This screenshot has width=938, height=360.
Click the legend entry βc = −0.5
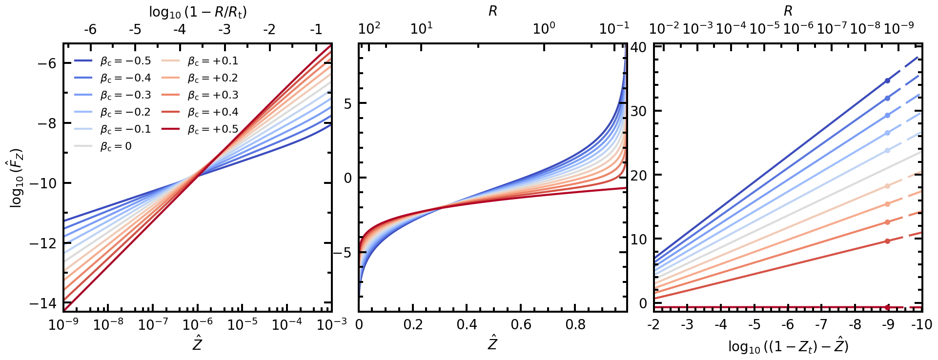pyautogui.click(x=112, y=61)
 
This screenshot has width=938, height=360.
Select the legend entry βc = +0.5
pyautogui.click(x=200, y=129)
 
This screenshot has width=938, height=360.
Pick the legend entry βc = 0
pyautogui.click(x=103, y=146)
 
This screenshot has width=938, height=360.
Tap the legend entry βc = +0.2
pyautogui.click(x=200, y=78)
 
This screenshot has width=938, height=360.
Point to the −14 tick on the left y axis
pyautogui.click(x=43, y=303)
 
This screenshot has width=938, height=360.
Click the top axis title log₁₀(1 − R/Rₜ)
pyautogui.click(x=198, y=12)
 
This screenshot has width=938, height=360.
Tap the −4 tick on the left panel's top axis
pyautogui.click(x=180, y=30)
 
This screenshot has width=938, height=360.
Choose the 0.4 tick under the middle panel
pyautogui.click(x=467, y=325)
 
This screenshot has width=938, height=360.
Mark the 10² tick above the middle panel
pyautogui.click(x=369, y=28)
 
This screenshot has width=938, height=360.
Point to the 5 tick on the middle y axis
pyautogui.click(x=348, y=103)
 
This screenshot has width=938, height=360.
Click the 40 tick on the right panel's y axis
pyautogui.click(x=638, y=47)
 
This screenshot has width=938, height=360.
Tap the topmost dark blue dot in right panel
pyautogui.click(x=887, y=80)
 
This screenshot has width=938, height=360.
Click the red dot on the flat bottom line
pyautogui.click(x=887, y=307)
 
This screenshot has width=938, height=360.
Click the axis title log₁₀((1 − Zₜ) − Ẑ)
pyautogui.click(x=788, y=346)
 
